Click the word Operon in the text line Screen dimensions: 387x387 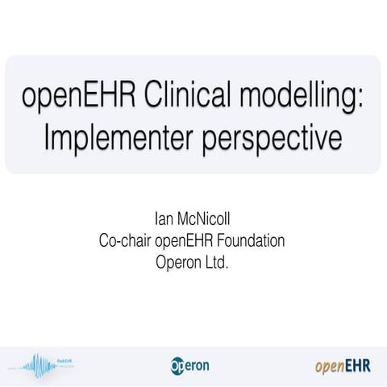177,261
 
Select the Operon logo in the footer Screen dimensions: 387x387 190,365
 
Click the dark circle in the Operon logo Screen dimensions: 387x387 177,366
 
